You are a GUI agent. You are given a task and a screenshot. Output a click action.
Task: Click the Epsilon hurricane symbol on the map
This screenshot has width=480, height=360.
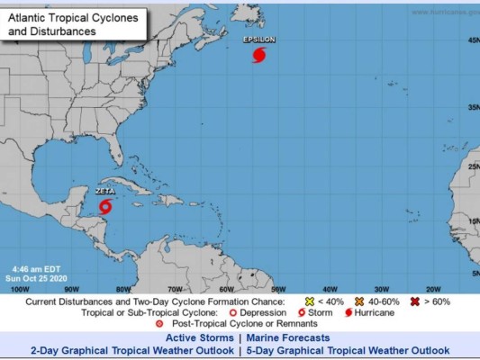(260, 55)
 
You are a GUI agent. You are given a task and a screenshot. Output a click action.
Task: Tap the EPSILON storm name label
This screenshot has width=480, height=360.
(259, 40)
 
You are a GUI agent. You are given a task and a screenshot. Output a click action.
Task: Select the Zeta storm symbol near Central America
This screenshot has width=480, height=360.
(105, 206)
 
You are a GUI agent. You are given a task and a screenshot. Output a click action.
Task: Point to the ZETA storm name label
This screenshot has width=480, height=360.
(105, 191)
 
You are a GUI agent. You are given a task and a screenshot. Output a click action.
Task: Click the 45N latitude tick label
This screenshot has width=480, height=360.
(472, 40)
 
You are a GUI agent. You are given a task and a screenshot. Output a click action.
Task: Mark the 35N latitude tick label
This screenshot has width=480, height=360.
(472, 107)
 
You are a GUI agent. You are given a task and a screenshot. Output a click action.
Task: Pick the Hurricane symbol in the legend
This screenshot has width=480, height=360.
(348, 312)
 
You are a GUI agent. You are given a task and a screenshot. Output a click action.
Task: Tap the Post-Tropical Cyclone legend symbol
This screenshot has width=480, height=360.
(159, 323)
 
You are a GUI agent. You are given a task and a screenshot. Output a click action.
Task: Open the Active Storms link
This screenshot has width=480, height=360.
(200, 337)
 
